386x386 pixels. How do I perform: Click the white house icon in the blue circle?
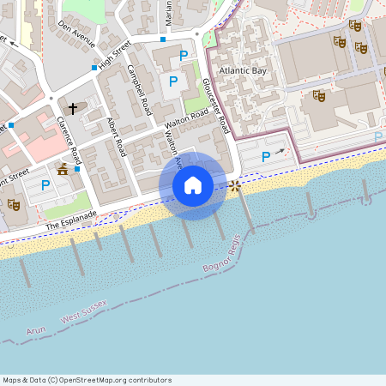coord(193,185)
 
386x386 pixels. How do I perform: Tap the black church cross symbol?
coord(73,108)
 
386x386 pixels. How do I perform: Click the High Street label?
coord(115,57)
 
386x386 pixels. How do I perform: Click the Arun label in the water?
coord(36,329)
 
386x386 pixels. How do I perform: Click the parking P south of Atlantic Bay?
coord(266,157)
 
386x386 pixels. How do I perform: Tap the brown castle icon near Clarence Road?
coord(63,170)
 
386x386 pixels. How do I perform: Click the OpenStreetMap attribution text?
coord(87,380)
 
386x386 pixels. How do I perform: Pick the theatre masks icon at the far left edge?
coord(13,204)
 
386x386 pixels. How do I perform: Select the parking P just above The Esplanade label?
coord(46,185)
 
